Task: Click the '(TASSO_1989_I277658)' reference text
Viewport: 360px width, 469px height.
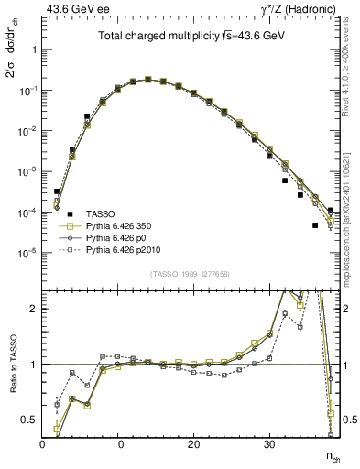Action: tap(191, 274)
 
